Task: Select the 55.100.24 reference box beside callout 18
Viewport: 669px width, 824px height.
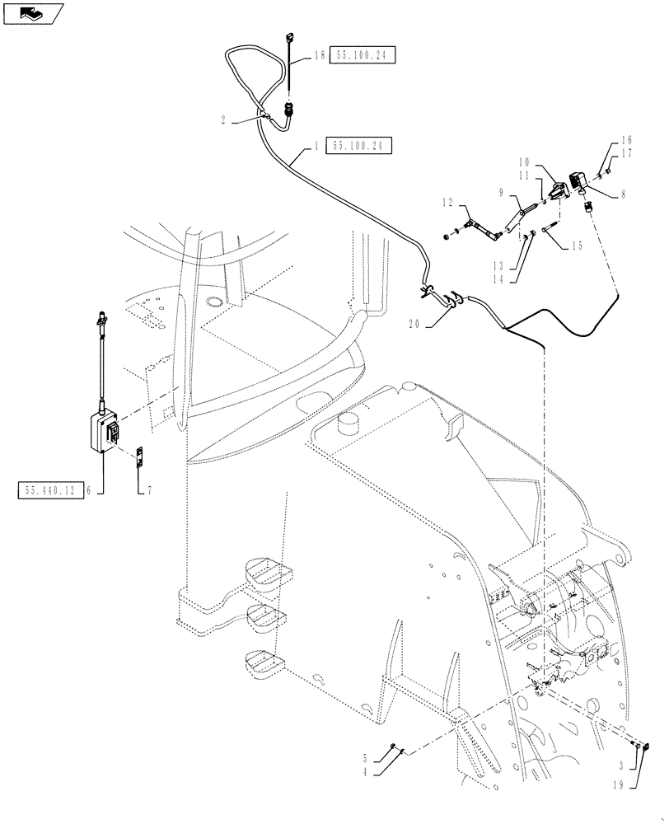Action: [364, 55]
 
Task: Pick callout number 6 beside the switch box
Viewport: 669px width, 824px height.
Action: [100, 491]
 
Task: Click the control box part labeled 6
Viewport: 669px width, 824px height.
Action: [105, 431]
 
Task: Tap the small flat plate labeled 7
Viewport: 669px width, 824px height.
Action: [140, 457]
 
